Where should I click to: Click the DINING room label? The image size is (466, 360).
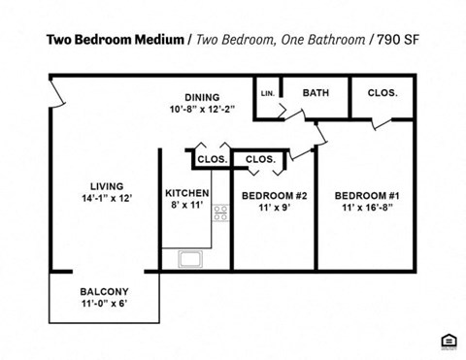point(202,97)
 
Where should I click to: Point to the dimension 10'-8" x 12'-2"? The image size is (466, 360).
point(202,109)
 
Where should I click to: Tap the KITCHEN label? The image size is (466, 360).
point(187,192)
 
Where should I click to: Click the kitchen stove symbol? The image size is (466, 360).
point(220,212)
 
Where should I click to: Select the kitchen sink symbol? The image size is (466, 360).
point(189,259)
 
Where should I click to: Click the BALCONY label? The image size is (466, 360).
point(104,291)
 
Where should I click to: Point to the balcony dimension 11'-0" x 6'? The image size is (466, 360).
point(104,304)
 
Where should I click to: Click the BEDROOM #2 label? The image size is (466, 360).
point(274,196)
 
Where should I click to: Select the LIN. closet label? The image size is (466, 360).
point(268,94)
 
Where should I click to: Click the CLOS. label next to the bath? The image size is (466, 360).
point(383,93)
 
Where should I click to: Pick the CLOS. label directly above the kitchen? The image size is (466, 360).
point(212,159)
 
